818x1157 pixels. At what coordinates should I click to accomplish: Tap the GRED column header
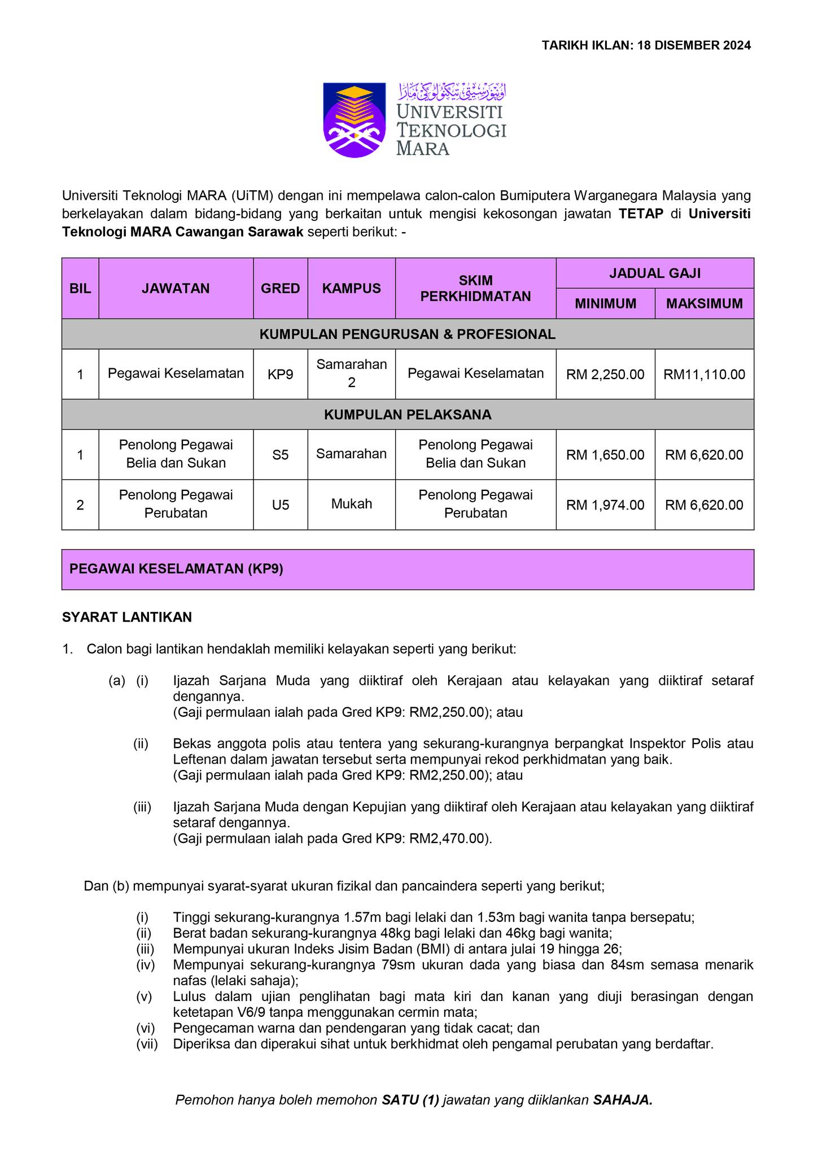280,288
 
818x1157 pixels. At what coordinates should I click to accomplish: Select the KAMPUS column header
351,288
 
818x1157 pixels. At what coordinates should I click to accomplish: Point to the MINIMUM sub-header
605,303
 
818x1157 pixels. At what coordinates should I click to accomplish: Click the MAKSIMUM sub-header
704,303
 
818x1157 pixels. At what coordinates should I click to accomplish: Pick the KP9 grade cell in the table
280,374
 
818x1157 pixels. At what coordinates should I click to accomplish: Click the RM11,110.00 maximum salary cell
704,374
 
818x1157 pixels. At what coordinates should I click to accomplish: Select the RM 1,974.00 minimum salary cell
605,504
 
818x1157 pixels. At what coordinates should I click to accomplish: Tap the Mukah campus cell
351,504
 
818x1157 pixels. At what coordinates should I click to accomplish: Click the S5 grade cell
280,454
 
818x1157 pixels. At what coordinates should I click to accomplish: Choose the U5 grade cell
280,504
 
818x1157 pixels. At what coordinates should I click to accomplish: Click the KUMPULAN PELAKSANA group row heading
408,415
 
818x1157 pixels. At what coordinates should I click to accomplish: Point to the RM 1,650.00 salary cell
605,455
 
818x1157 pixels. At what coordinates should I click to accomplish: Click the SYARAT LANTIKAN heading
127,617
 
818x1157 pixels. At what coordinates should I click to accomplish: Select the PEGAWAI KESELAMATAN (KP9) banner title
176,569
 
